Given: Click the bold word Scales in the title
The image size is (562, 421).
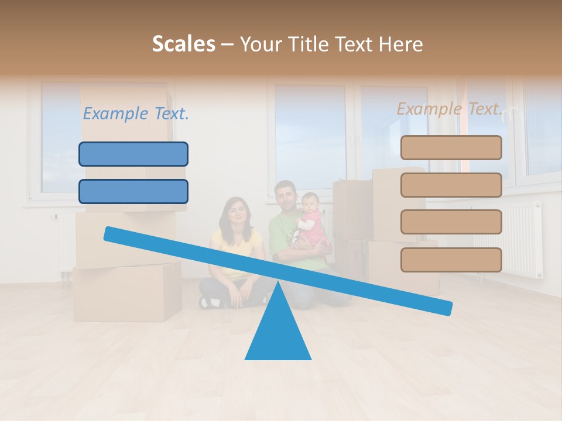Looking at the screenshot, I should [x=183, y=44].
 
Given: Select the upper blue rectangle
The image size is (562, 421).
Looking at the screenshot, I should [x=133, y=154].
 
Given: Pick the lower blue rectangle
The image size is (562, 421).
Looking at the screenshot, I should [x=133, y=192].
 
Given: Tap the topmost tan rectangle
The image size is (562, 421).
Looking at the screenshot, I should [x=451, y=148].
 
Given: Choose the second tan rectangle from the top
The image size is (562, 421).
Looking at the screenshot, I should [x=451, y=185].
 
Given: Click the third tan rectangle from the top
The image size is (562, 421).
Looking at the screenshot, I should [x=451, y=222].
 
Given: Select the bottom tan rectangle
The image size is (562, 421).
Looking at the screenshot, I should [x=451, y=260].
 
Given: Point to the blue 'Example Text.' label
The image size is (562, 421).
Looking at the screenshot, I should [x=136, y=113].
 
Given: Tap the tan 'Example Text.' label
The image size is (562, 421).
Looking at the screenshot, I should [x=450, y=109].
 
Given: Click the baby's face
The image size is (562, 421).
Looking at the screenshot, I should [x=310, y=202].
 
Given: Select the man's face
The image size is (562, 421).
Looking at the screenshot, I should [x=285, y=196].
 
